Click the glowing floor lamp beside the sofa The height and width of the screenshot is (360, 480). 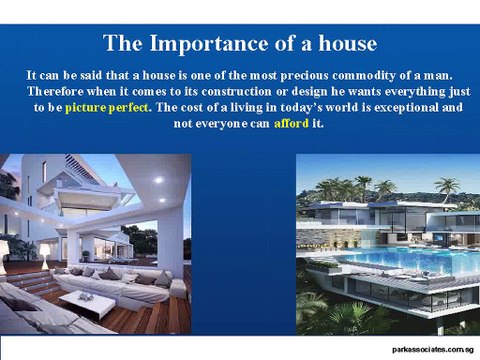(45, 249)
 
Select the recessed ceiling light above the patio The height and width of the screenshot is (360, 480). (159, 180)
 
